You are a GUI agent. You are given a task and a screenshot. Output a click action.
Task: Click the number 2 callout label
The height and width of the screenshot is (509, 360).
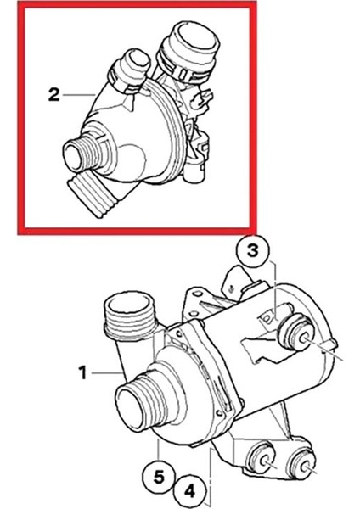click(53, 95)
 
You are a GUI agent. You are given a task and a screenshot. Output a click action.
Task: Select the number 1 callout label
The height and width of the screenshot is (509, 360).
click(82, 371)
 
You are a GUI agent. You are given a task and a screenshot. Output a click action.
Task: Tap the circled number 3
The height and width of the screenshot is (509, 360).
click(256, 252)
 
